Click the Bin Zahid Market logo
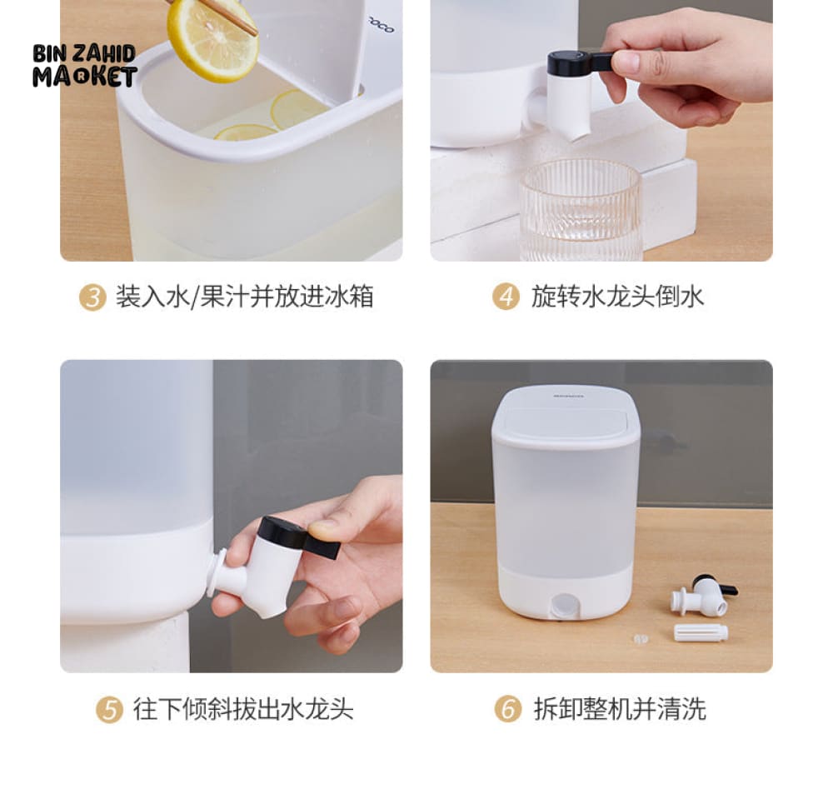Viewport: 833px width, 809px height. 85,65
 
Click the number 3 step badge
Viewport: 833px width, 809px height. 92,297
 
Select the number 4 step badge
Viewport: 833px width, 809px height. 506,297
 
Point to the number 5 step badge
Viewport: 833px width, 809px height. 109,710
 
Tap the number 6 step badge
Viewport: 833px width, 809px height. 507,709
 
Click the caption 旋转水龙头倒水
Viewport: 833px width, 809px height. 617,297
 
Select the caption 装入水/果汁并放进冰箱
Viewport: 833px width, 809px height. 244,297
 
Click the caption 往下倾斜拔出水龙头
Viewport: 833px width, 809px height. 243,709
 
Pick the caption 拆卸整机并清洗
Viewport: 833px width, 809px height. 620,709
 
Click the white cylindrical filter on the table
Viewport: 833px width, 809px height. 701,632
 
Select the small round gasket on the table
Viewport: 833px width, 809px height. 641,638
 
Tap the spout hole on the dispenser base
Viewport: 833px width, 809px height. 563,605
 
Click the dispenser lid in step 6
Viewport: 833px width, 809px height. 566,417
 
